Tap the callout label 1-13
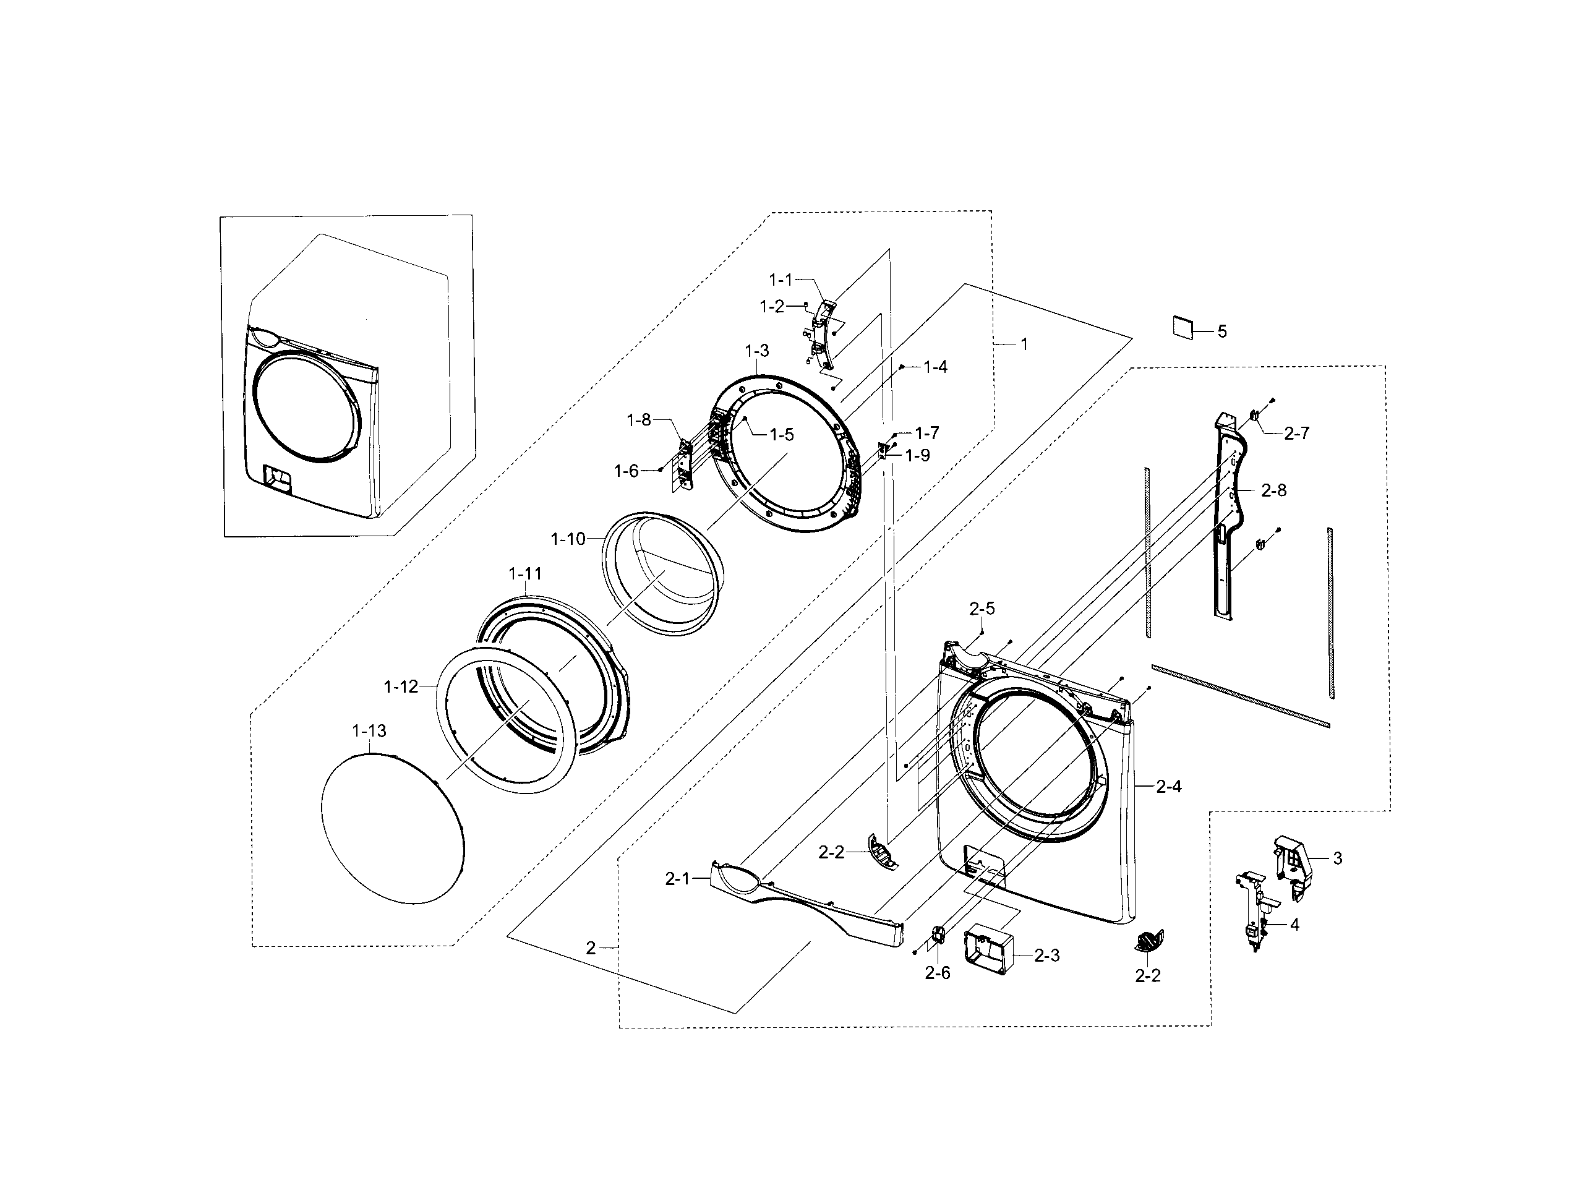[x=369, y=730]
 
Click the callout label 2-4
[x=1168, y=786]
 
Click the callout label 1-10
[x=568, y=539]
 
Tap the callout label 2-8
[x=1273, y=490]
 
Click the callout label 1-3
[x=757, y=351]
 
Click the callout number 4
[x=1294, y=925]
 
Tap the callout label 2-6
[x=937, y=974]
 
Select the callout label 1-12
[x=401, y=686]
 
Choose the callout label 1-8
[x=638, y=421]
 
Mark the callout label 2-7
[x=1296, y=434]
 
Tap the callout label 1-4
[x=935, y=367]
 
